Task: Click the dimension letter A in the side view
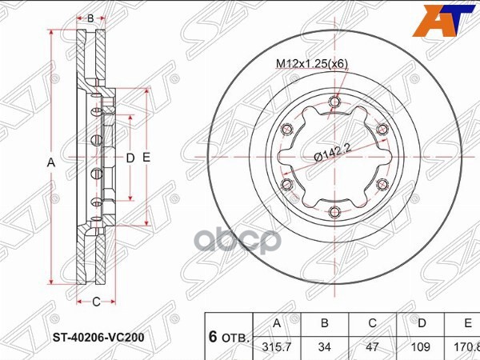50,162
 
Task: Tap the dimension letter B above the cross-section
90,18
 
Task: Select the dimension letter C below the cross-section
95,302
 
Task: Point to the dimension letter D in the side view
130,158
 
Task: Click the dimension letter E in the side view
146,158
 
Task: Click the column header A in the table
278,324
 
